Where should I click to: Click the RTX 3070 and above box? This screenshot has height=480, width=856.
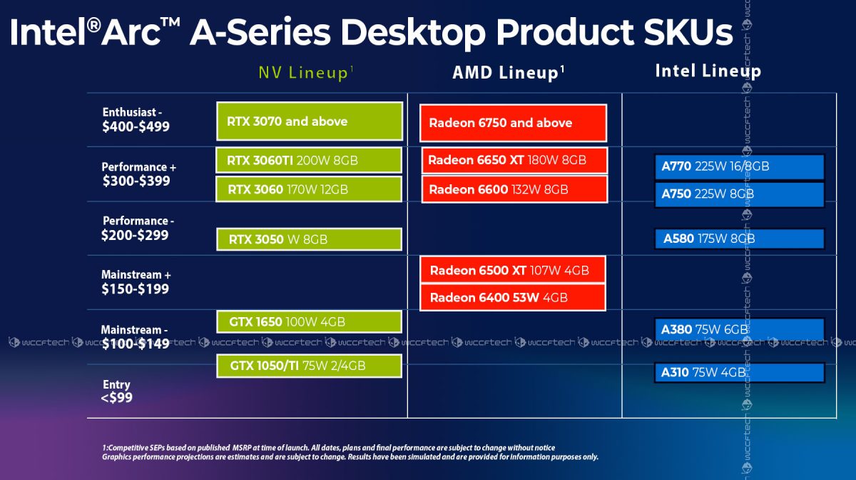click(310, 121)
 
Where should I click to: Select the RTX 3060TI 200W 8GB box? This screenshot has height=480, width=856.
click(310, 161)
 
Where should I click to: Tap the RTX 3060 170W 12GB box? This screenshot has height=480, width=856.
click(310, 189)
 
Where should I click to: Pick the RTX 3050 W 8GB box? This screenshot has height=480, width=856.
click(310, 239)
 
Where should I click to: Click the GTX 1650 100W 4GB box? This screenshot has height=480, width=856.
click(310, 322)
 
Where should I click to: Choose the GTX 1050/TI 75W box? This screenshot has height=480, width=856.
click(310, 366)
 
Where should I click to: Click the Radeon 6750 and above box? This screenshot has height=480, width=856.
click(513, 123)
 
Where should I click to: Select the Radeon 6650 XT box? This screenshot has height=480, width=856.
click(514, 161)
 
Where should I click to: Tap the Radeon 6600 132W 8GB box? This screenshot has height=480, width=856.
click(514, 189)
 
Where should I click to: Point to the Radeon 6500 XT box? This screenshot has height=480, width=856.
click(513, 270)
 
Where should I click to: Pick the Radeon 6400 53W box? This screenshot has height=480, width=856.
click(513, 297)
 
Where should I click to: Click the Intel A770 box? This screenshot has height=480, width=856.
click(739, 167)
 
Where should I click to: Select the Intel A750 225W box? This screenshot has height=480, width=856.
click(739, 194)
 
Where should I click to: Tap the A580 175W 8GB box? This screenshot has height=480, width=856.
click(739, 239)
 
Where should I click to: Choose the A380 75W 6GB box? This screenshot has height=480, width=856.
click(739, 329)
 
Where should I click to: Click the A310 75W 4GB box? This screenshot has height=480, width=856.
click(739, 372)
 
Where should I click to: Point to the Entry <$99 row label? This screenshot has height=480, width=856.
click(116, 391)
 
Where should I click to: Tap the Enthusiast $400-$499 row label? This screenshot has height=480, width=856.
click(136, 120)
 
